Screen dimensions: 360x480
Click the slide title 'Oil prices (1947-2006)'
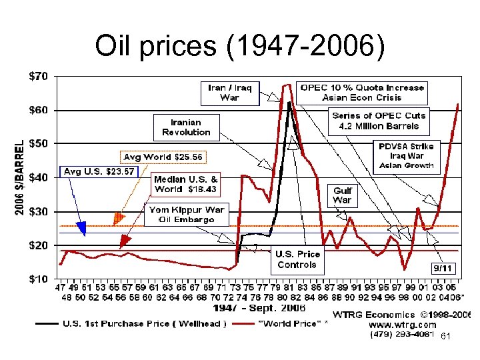[x=240, y=46]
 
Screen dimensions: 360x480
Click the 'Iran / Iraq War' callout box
[x=225, y=92]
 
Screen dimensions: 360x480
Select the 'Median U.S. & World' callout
[x=186, y=184]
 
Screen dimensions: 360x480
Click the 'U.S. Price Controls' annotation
[x=298, y=259]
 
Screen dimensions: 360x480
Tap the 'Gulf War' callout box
[x=342, y=195]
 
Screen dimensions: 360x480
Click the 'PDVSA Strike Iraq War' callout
[x=406, y=155]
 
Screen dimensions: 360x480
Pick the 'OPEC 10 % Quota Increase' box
[x=362, y=92]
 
